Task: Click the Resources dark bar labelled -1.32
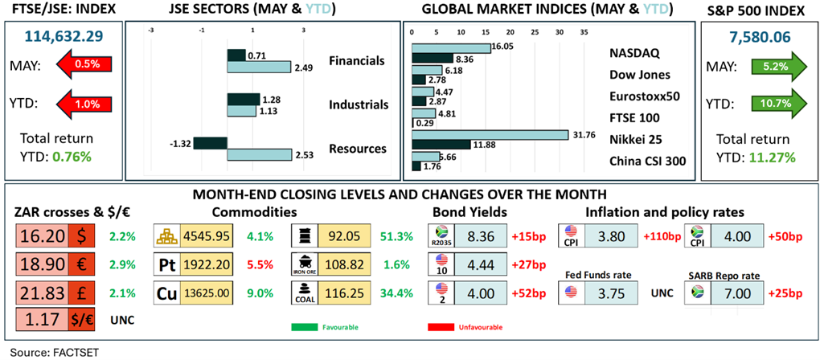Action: [211, 143]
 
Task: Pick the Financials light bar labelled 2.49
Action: [259, 67]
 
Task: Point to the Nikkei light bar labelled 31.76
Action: [490, 135]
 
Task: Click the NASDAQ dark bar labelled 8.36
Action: [433, 58]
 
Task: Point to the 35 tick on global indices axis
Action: [584, 32]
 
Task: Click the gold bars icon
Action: [167, 235]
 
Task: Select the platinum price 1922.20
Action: [206, 265]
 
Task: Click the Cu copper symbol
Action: [167, 294]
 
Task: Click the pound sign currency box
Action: [81, 294]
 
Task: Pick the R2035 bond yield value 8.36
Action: [481, 235]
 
